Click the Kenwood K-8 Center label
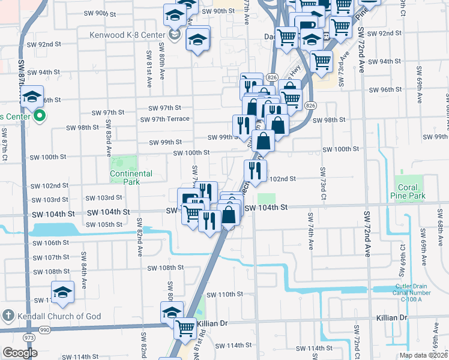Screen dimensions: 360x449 pos(127,35)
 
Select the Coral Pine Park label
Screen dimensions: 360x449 pos(411,191)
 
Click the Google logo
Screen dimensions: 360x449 pos(20,353)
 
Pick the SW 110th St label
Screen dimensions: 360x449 pos(224,295)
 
